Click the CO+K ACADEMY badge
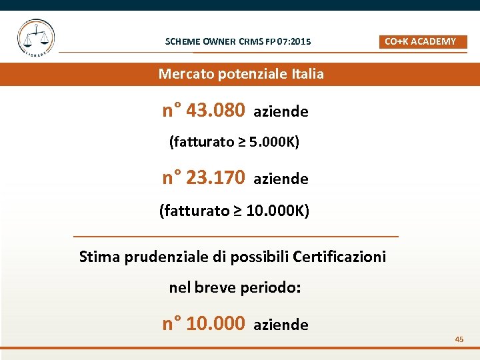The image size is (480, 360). pyautogui.click(x=423, y=41)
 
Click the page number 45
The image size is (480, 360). pyautogui.click(x=459, y=339)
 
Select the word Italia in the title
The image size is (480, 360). pyautogui.click(x=307, y=74)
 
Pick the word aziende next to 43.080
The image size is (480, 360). pyautogui.click(x=281, y=112)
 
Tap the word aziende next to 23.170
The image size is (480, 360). pyautogui.click(x=281, y=179)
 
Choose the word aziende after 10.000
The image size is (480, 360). pyautogui.click(x=281, y=325)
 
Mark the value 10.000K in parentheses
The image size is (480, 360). pyautogui.click(x=274, y=211)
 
